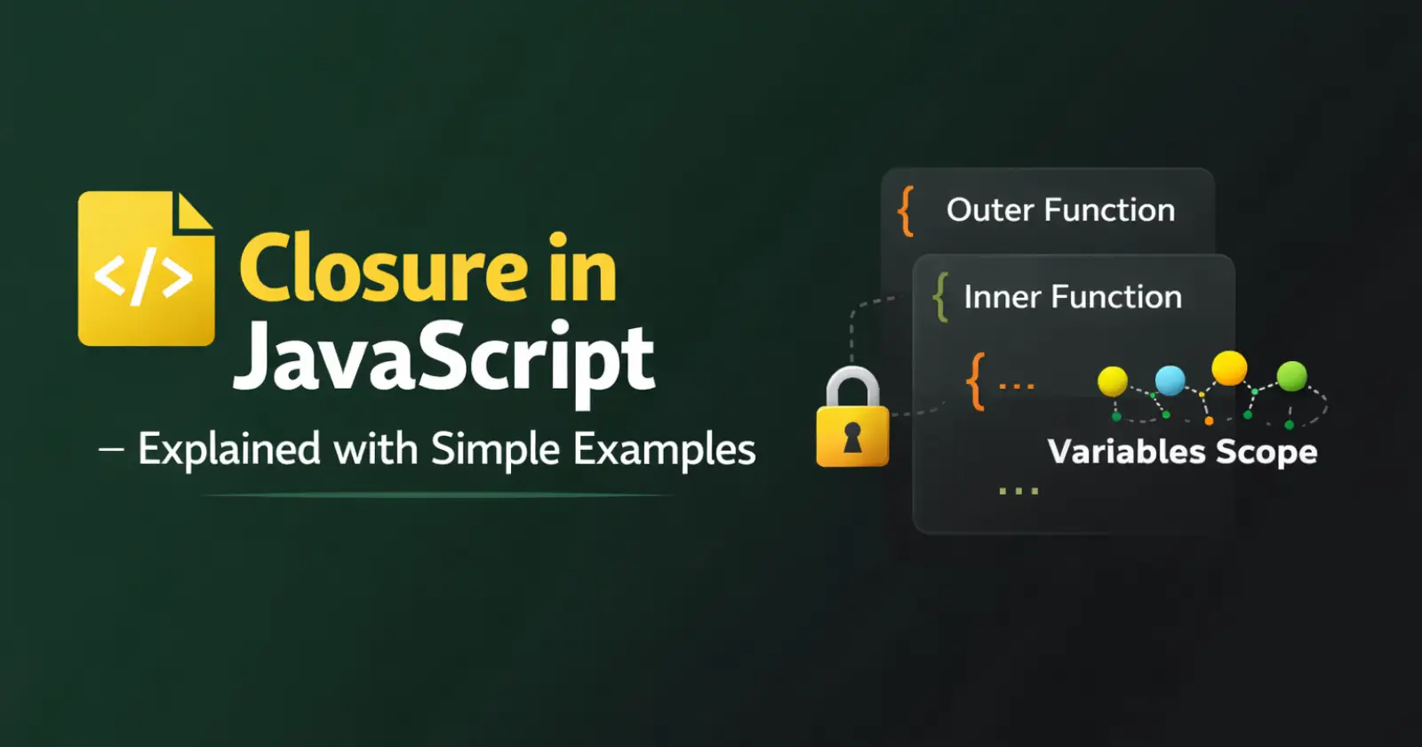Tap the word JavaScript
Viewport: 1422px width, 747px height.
tap(443, 359)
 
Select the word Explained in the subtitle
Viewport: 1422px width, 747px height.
tap(229, 450)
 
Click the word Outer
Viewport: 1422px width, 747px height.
tap(990, 210)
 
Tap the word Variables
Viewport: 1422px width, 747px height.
tap(1126, 452)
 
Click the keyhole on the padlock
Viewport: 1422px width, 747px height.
tap(852, 437)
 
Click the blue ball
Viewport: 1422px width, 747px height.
tap(1170, 381)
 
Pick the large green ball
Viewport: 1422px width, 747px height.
tap(1291, 377)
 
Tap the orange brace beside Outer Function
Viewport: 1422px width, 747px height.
tap(906, 212)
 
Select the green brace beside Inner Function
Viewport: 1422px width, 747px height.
tap(941, 297)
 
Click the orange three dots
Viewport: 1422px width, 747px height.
tap(1017, 386)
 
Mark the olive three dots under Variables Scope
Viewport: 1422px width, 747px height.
tap(1019, 491)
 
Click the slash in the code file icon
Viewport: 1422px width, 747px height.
tap(143, 277)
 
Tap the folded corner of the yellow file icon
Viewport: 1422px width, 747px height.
tap(194, 211)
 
